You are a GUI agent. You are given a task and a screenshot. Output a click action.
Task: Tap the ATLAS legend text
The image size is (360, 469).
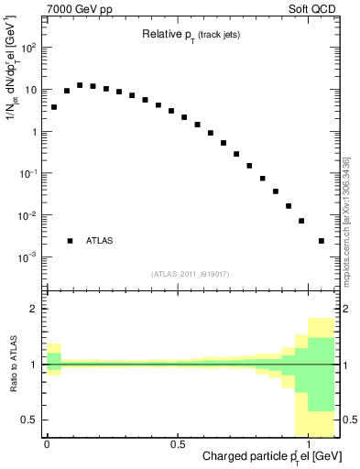point(100,241)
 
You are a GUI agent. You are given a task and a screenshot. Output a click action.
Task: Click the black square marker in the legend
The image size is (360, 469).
point(70,241)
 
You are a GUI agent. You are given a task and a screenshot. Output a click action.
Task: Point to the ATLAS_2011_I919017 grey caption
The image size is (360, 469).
point(191,274)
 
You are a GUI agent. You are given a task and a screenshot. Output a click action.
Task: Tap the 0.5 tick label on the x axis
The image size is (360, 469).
point(177,443)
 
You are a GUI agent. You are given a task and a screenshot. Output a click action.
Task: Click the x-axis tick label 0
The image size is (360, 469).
point(46,443)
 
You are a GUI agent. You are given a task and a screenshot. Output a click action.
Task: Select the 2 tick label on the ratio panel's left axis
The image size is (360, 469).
point(33,310)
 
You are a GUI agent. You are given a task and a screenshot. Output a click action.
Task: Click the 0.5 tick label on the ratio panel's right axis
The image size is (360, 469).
point(348,420)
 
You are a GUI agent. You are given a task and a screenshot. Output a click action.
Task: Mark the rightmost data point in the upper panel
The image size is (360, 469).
point(322,241)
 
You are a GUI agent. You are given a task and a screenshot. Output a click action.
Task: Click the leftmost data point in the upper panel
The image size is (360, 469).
point(54,107)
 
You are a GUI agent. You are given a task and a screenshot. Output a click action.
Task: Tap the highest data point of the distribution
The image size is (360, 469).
point(80,85)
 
